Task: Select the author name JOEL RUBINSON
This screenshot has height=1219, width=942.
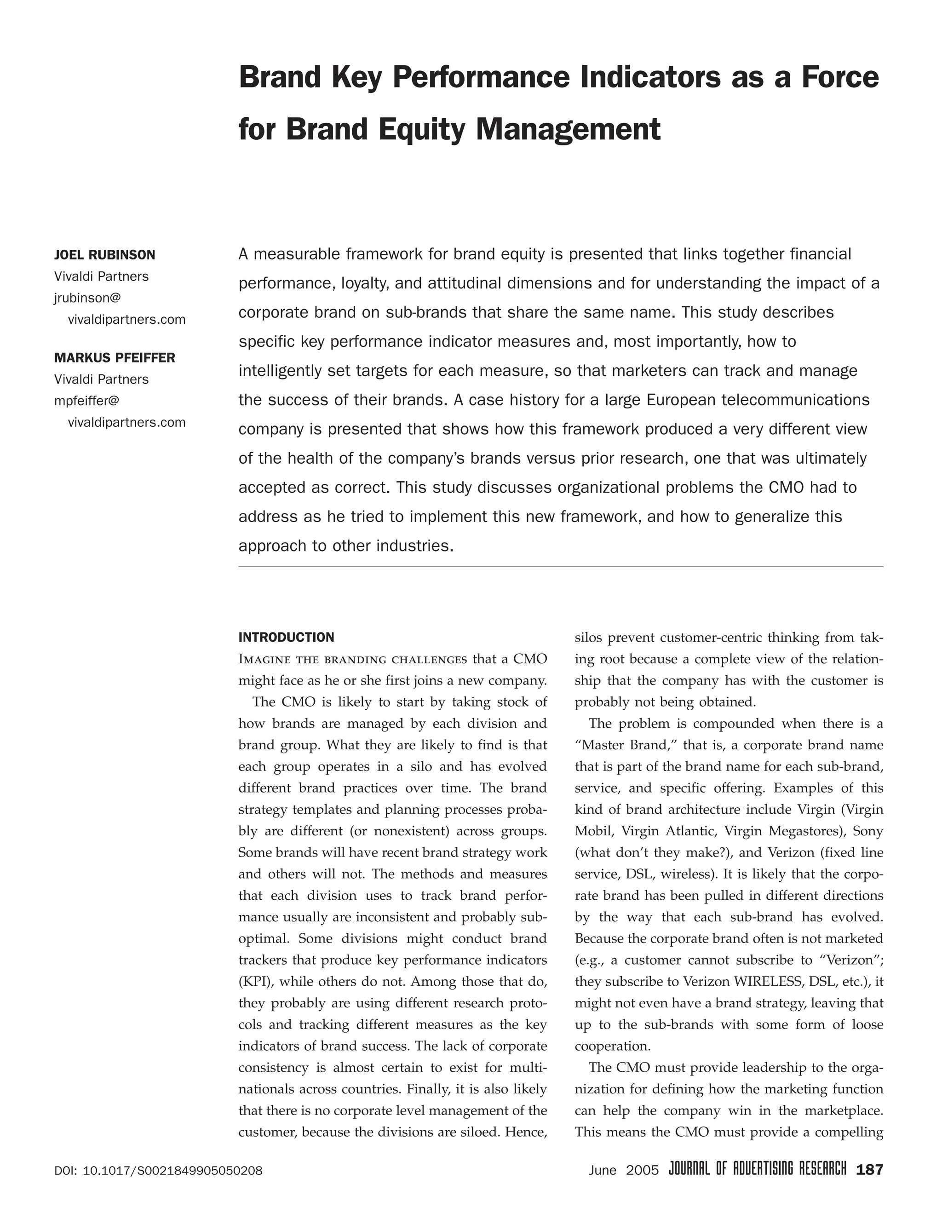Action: pyautogui.click(x=105, y=255)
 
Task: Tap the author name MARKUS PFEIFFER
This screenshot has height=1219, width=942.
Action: pyautogui.click(x=115, y=358)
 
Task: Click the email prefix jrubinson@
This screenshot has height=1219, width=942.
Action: pyautogui.click(x=87, y=298)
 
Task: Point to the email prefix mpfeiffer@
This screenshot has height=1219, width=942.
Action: pyautogui.click(x=87, y=401)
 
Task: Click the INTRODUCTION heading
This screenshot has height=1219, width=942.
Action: pyautogui.click(x=286, y=638)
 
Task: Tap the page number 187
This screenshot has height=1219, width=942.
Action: pyautogui.click(x=869, y=1169)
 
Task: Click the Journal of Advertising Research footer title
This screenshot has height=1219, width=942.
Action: pyautogui.click(x=757, y=1169)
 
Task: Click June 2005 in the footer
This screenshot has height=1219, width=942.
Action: pyautogui.click(x=623, y=1170)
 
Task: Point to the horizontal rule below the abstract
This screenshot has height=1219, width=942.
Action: pyautogui.click(x=560, y=567)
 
